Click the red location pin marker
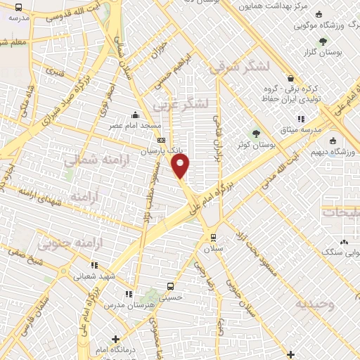(181, 166)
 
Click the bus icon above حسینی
(171, 286)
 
